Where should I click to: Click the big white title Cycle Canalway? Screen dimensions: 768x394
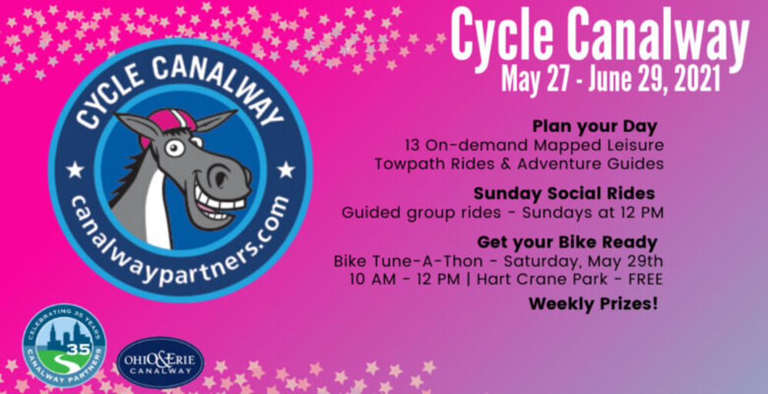coord(599,37)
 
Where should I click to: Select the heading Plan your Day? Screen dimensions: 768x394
coord(595,127)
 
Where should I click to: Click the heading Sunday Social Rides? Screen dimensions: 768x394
coord(564,194)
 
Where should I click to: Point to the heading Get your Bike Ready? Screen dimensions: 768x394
coord(567,242)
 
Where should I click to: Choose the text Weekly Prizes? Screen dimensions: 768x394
coord(593,304)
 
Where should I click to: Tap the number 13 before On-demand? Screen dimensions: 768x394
coord(413,145)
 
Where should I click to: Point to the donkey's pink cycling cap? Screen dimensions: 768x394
coord(166,123)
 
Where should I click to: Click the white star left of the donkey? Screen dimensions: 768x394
coord(75,169)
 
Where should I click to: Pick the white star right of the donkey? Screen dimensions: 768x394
coord(285,169)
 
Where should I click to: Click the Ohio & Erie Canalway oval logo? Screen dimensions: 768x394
coord(160,363)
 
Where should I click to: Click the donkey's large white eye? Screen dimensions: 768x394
coord(175,147)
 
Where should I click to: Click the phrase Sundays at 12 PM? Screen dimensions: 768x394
coord(593,212)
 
